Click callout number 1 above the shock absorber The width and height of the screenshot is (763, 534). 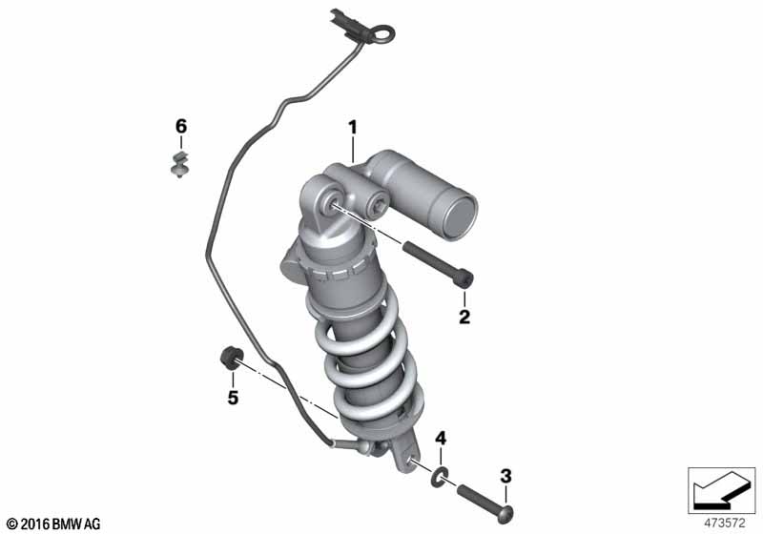pos(352,128)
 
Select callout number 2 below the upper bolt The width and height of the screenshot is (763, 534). pos(464,317)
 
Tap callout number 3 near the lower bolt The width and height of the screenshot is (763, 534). pos(506,476)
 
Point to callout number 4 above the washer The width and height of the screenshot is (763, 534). pos(440,439)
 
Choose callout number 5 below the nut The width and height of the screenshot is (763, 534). pos(233,398)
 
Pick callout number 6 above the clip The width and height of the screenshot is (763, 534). pos(181,127)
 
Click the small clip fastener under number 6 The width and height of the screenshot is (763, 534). pos(180,164)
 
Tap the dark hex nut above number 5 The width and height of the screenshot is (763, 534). pos(230,359)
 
